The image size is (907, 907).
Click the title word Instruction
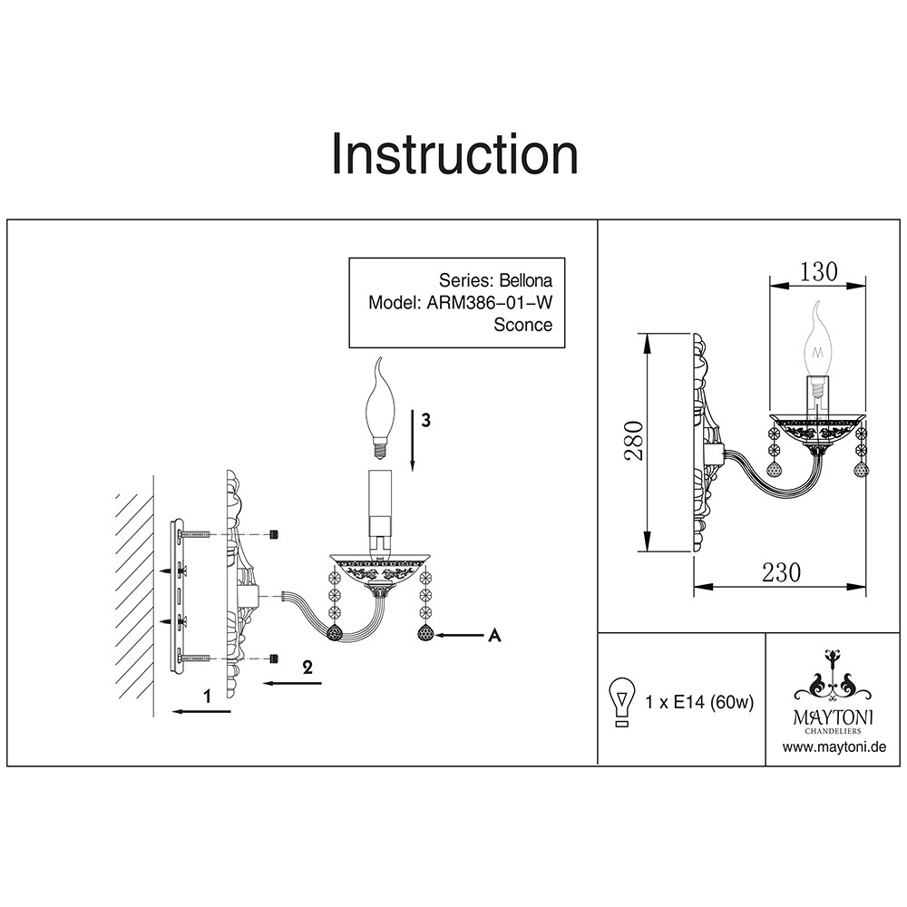point(454,155)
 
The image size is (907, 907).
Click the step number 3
point(425,421)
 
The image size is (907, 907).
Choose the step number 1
point(208,697)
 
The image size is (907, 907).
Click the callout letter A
point(494,636)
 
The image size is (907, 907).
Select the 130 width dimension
point(818,271)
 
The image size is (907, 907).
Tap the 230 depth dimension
point(781,572)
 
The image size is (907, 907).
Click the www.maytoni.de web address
point(834,747)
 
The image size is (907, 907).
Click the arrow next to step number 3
point(412,440)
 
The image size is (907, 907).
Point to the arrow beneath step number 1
point(200,712)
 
